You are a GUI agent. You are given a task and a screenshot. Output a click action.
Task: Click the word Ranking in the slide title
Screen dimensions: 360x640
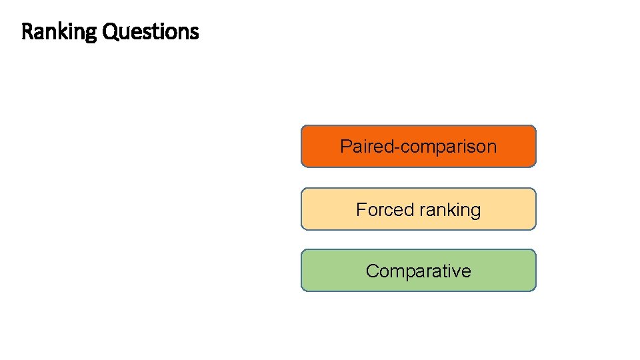pyautogui.click(x=59, y=31)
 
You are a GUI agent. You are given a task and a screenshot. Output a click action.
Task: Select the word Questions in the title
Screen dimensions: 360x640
pyautogui.click(x=150, y=31)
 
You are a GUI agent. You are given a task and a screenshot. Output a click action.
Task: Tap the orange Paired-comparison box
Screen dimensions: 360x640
pyautogui.click(x=418, y=146)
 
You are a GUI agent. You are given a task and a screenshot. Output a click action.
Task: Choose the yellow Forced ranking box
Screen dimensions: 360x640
pyautogui.click(x=418, y=209)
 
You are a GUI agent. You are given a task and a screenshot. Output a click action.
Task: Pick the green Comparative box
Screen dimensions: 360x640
pyautogui.click(x=418, y=271)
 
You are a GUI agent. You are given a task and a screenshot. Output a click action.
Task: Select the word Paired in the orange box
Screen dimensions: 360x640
pyautogui.click(x=367, y=147)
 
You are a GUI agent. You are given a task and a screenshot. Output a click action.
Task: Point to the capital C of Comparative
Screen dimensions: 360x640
pyautogui.click(x=372, y=271)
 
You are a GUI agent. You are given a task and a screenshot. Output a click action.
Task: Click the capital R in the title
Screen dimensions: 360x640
pyautogui.click(x=27, y=31)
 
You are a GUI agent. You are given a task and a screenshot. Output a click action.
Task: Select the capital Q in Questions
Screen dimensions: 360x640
pyautogui.click(x=109, y=31)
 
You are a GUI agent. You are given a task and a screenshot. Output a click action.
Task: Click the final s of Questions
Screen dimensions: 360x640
pyautogui.click(x=195, y=32)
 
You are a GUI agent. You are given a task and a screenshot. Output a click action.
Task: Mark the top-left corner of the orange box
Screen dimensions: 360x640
pyautogui.click(x=303, y=127)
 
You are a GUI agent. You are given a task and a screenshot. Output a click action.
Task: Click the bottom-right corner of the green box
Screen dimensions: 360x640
pyautogui.click(x=535, y=290)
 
